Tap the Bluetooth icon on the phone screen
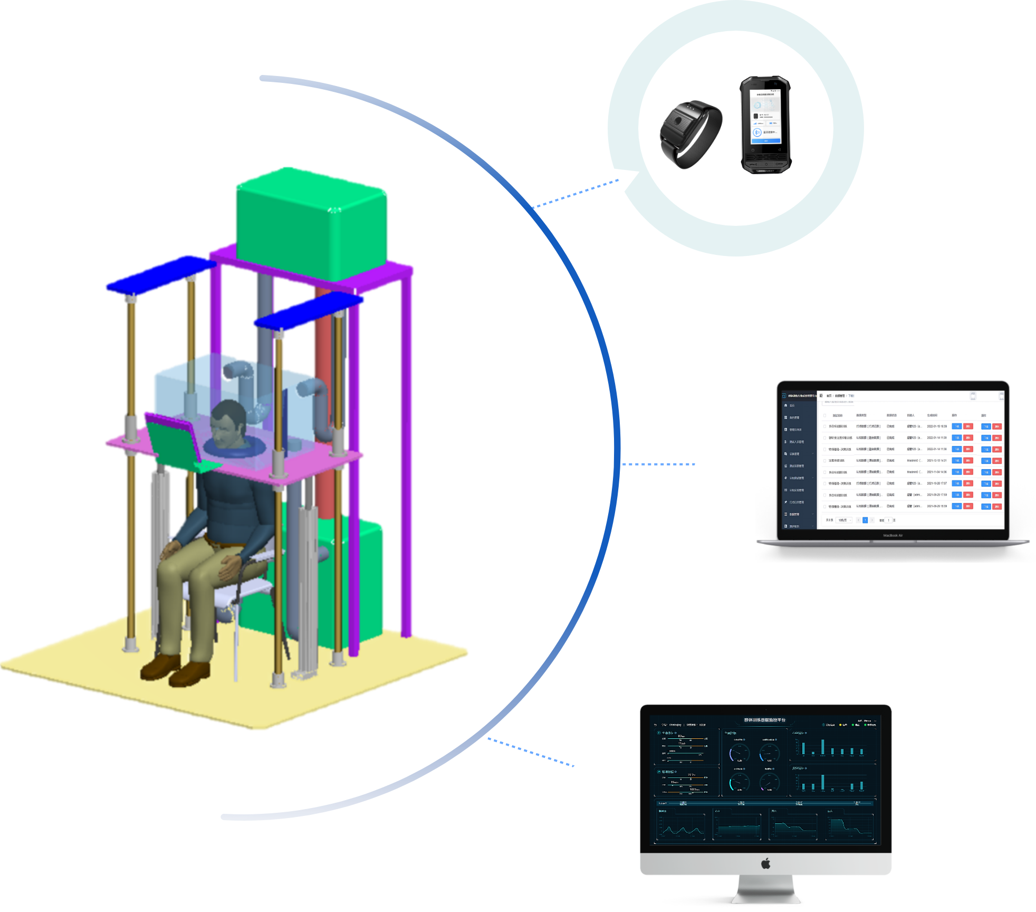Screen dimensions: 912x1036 pyautogui.click(x=757, y=132)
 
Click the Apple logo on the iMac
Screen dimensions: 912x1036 pyautogui.click(x=766, y=863)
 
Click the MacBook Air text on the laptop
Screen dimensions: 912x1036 pyautogui.click(x=893, y=535)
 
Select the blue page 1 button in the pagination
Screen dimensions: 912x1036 pyautogui.click(x=865, y=520)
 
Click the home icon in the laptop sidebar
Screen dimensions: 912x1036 pyautogui.click(x=786, y=405)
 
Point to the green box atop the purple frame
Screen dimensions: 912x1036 pyautogui.click(x=311, y=224)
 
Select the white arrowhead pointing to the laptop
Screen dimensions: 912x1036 pyautogui.click(x=702, y=463)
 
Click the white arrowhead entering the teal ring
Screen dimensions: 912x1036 pyautogui.click(x=625, y=179)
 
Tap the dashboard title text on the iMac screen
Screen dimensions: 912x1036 pyautogui.click(x=764, y=720)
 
